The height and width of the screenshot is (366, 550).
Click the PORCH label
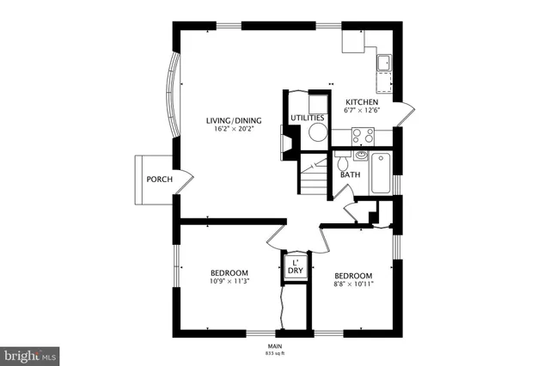click(x=160, y=180)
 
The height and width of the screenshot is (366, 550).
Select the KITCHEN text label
click(x=362, y=101)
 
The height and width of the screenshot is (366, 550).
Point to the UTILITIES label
click(x=307, y=118)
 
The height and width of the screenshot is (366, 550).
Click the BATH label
click(x=350, y=175)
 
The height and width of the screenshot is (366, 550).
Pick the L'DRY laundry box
click(x=295, y=266)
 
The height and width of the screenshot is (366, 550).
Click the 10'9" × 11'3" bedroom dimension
click(x=229, y=281)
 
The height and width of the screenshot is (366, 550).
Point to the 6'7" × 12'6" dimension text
click(x=362, y=110)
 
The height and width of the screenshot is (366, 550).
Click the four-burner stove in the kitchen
click(x=363, y=135)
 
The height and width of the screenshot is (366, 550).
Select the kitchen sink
click(x=383, y=62)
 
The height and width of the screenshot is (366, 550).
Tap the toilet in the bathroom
click(x=341, y=161)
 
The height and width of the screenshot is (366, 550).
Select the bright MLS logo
click(x=29, y=353)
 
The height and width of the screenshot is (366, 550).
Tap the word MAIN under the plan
click(x=275, y=346)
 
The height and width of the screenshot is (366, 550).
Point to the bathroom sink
click(x=361, y=156)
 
